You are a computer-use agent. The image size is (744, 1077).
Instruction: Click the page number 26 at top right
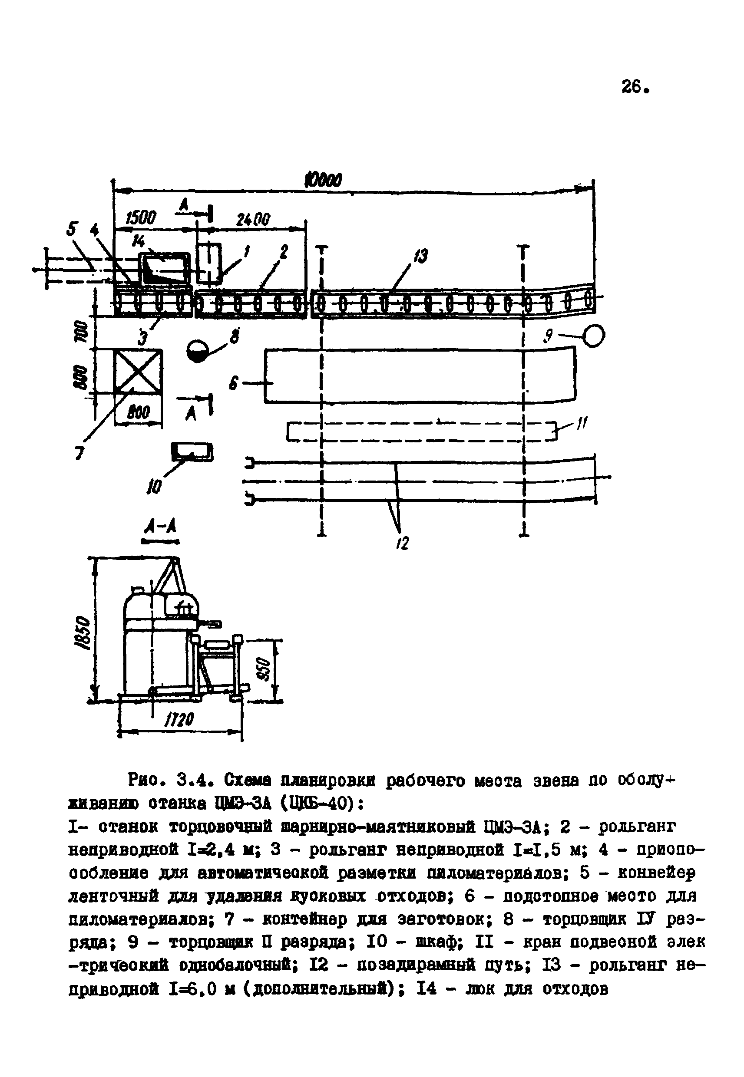point(634,87)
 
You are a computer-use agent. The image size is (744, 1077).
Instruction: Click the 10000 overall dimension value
point(323,180)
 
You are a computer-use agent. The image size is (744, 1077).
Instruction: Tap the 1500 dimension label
point(141,218)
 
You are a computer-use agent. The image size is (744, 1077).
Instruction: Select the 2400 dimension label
point(253,219)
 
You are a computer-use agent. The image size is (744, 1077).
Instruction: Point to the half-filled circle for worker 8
point(198,351)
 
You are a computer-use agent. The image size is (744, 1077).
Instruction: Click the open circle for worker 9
point(594,336)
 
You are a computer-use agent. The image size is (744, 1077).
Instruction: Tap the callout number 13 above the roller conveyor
point(420,256)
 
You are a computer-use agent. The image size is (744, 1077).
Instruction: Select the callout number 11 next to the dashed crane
point(582,424)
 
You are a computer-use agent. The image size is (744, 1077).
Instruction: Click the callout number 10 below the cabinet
point(154,487)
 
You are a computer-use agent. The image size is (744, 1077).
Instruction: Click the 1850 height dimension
point(83,632)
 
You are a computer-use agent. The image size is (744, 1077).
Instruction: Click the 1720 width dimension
point(179,720)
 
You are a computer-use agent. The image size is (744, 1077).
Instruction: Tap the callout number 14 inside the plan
point(139,240)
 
